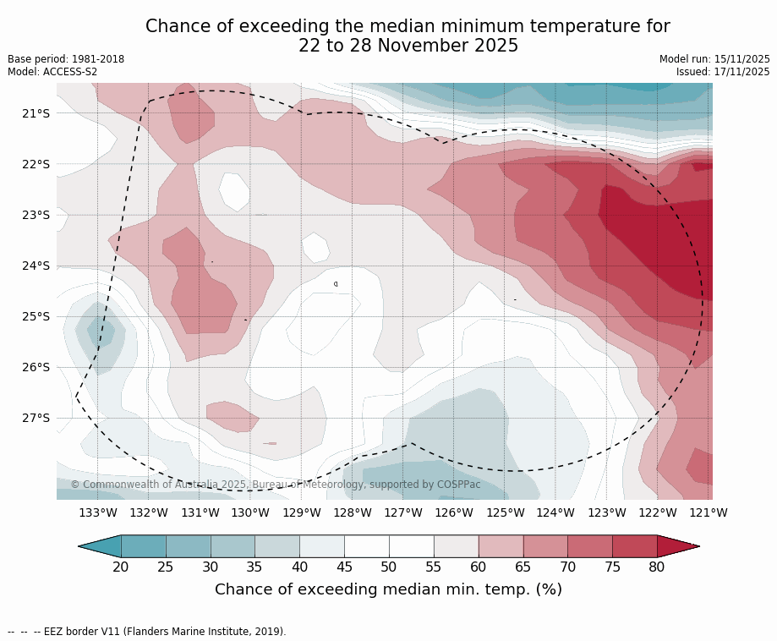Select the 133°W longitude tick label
[98, 512]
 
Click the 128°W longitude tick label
[353, 512]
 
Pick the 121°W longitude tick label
[709, 512]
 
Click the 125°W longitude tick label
[505, 512]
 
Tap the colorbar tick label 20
[121, 567]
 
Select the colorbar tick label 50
[389, 567]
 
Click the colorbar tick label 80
[657, 567]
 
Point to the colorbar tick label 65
[523, 567]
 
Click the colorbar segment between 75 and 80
[635, 546]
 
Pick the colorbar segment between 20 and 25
[144, 546]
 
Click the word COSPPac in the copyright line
[458, 485]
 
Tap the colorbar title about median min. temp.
[388, 589]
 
